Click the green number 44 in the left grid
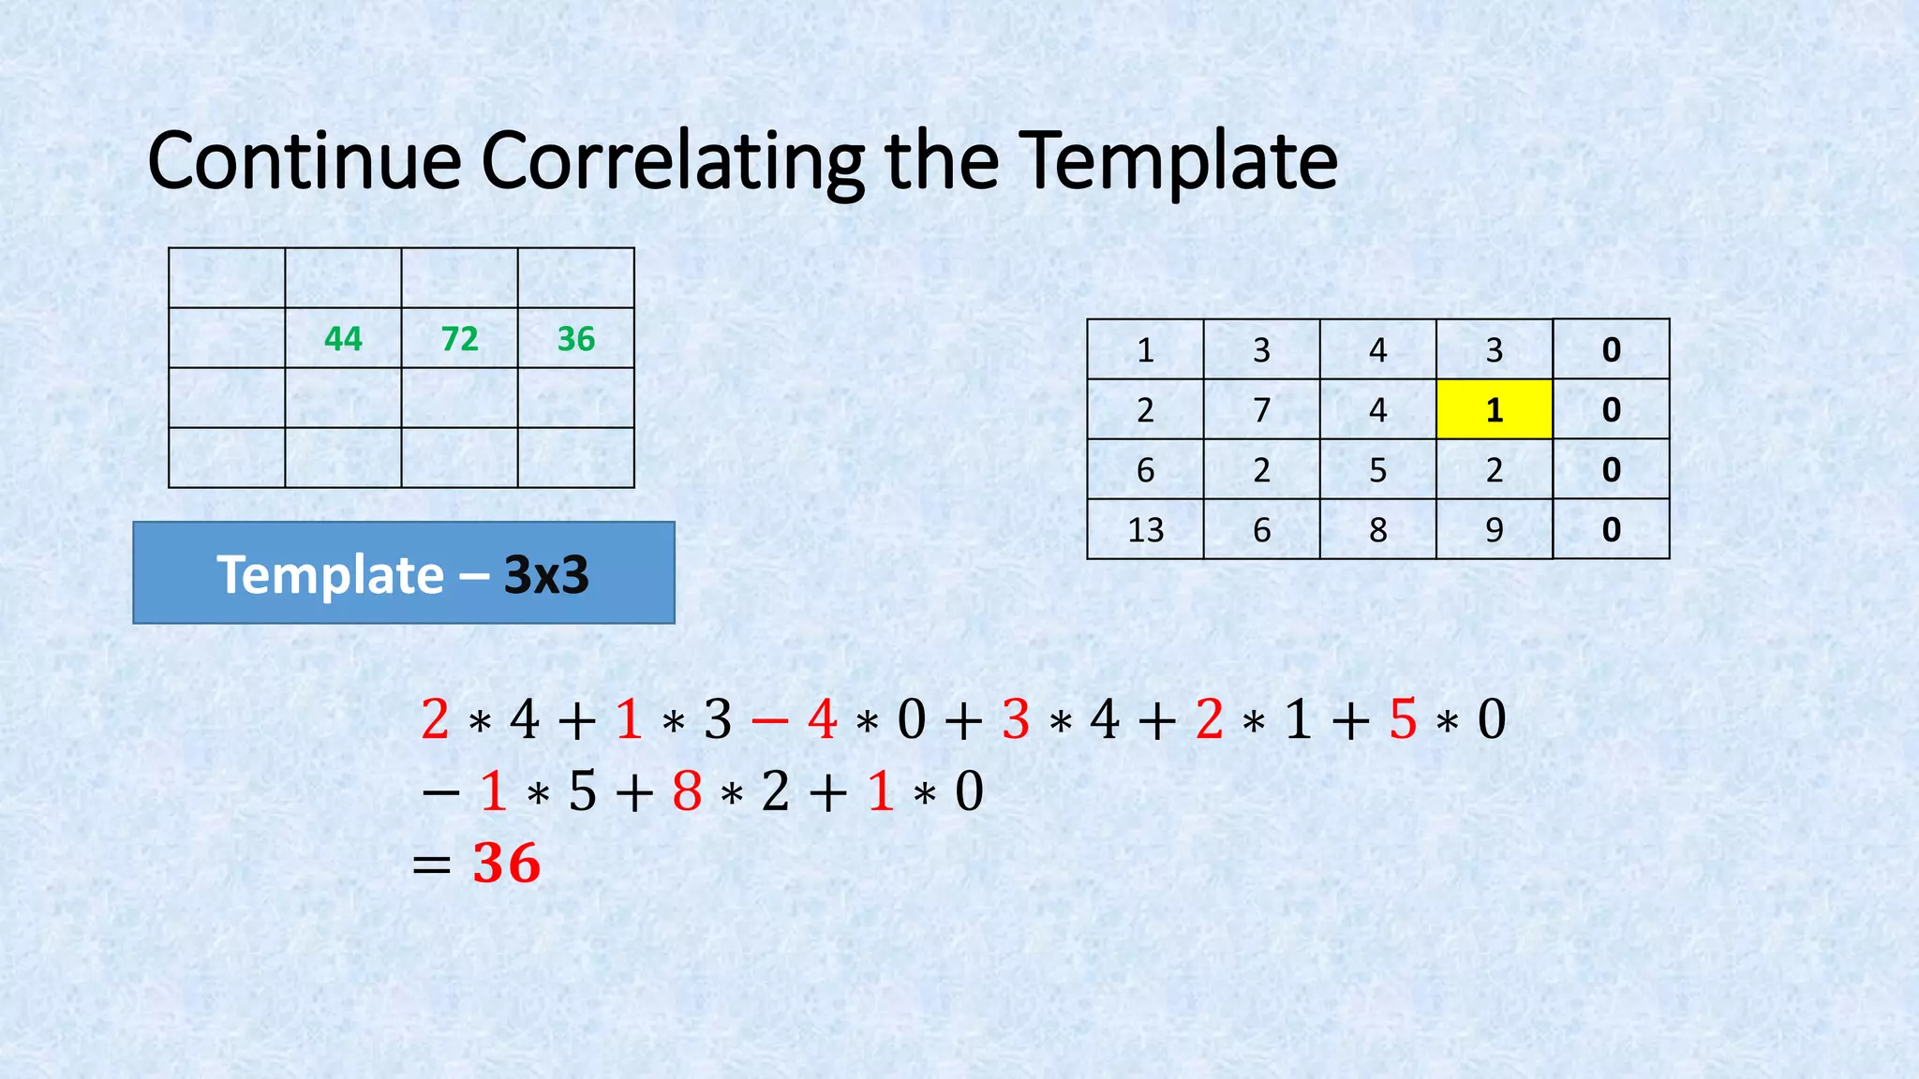click(343, 339)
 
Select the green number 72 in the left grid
click(459, 339)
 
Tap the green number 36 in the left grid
click(575, 339)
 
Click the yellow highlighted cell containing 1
click(1495, 409)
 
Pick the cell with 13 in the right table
click(1145, 530)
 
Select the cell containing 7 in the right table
click(1261, 410)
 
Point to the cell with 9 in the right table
click(1495, 530)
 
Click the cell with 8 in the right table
click(1377, 530)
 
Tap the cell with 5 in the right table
click(1377, 470)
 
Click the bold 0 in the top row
click(1611, 350)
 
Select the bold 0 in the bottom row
click(1611, 530)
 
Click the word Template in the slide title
click(1178, 161)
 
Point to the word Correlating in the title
click(673, 161)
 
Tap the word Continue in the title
click(305, 161)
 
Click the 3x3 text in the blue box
click(546, 575)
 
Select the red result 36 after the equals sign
click(507, 863)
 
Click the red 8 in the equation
click(687, 791)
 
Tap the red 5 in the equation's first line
click(1403, 720)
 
